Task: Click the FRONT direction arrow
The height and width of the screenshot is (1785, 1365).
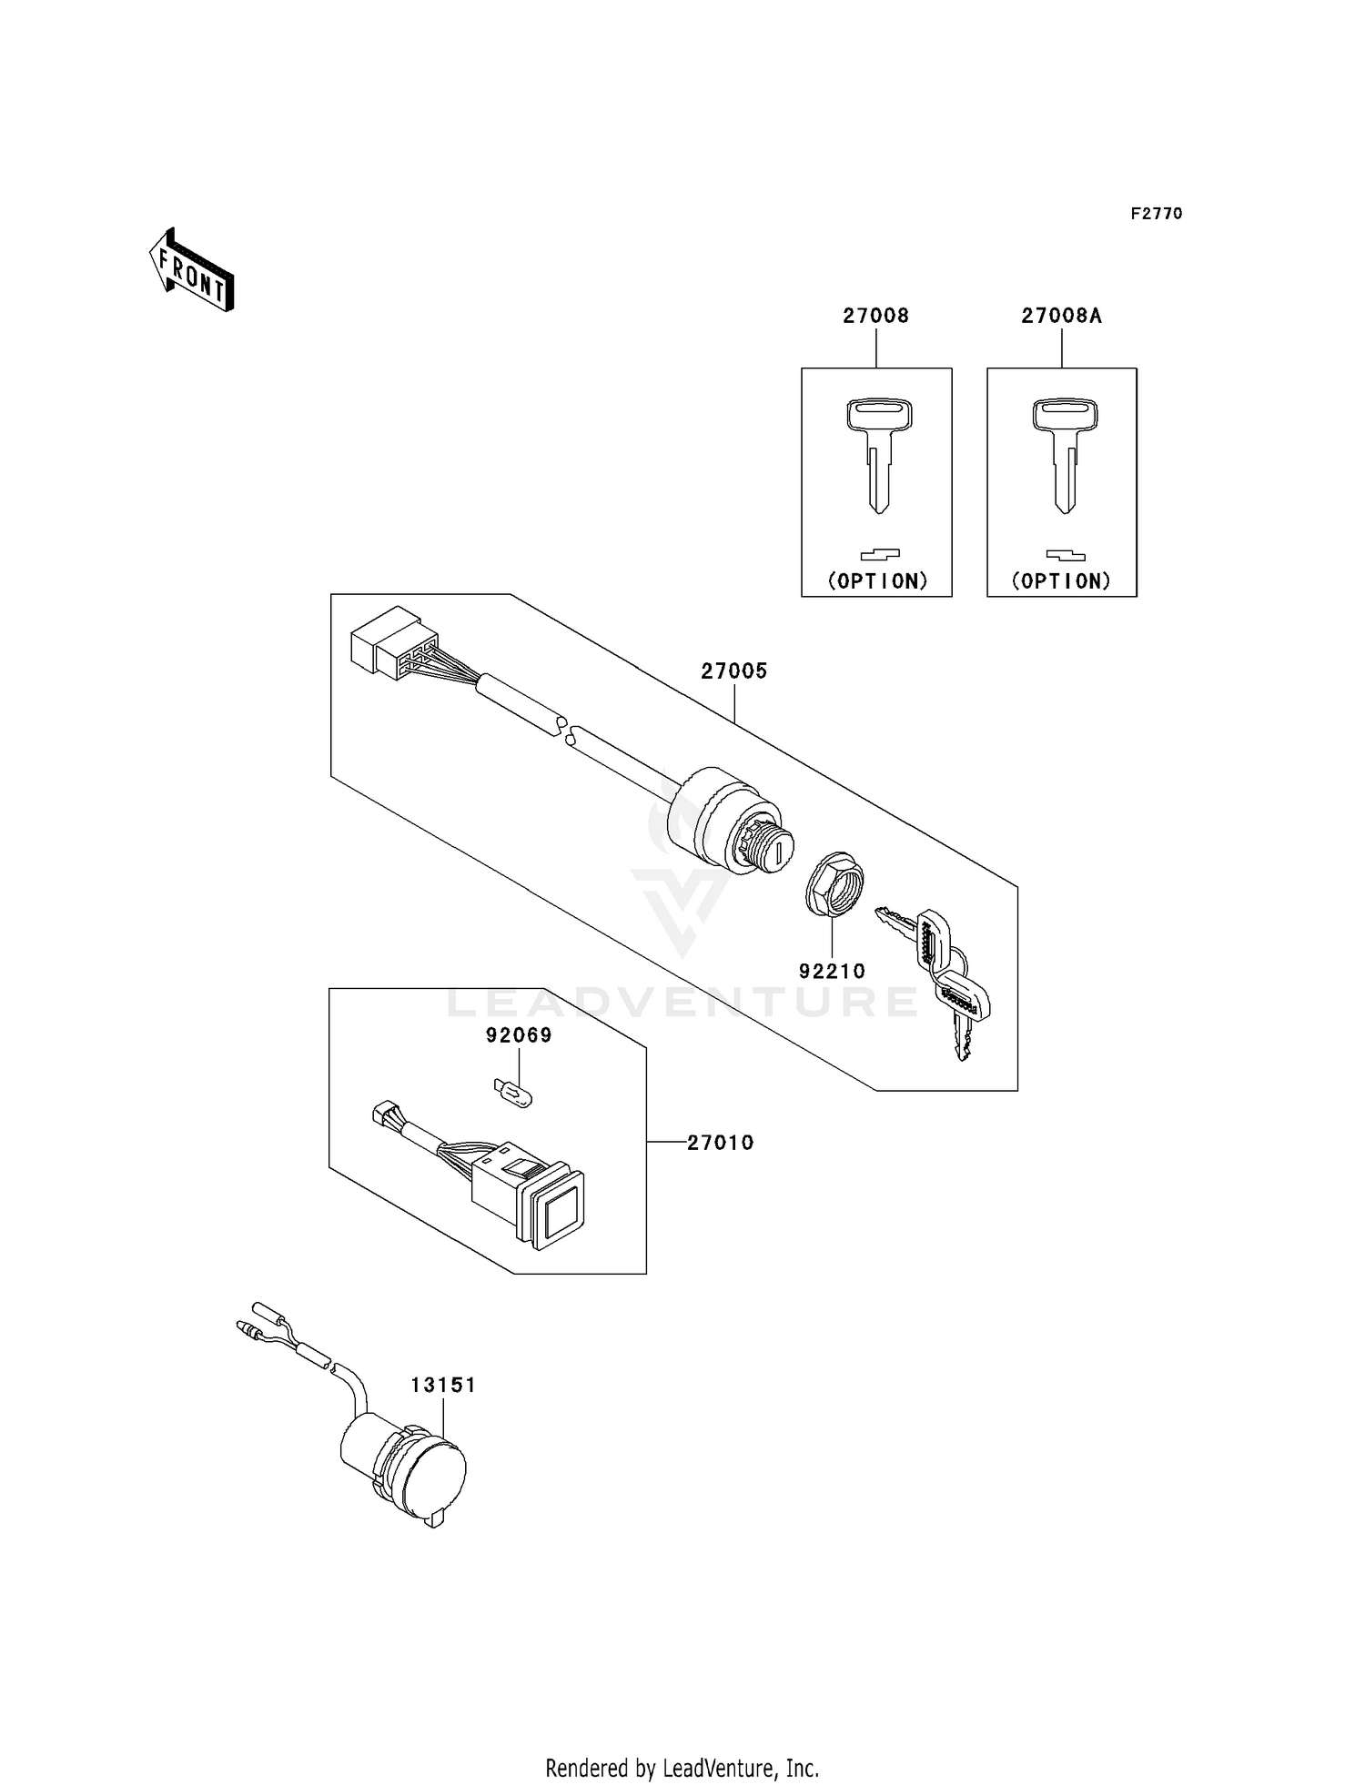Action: coord(192,270)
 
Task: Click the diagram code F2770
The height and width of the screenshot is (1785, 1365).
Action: coord(1156,214)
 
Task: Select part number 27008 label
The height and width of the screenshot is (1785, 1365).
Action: coord(875,316)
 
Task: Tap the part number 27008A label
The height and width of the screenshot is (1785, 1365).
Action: coord(1061,316)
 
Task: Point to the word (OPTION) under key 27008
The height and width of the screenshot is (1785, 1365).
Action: coord(877,580)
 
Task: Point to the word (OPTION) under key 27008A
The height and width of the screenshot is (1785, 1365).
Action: coord(1061,580)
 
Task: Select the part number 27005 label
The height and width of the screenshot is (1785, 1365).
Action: coord(733,671)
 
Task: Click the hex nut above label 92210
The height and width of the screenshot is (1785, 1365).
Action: coord(834,880)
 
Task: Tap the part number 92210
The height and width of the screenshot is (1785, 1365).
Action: coord(832,971)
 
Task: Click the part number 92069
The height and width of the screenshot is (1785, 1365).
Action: coord(519,1035)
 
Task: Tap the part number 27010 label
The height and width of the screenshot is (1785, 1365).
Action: coord(720,1142)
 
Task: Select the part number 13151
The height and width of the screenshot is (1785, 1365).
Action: coord(443,1385)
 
